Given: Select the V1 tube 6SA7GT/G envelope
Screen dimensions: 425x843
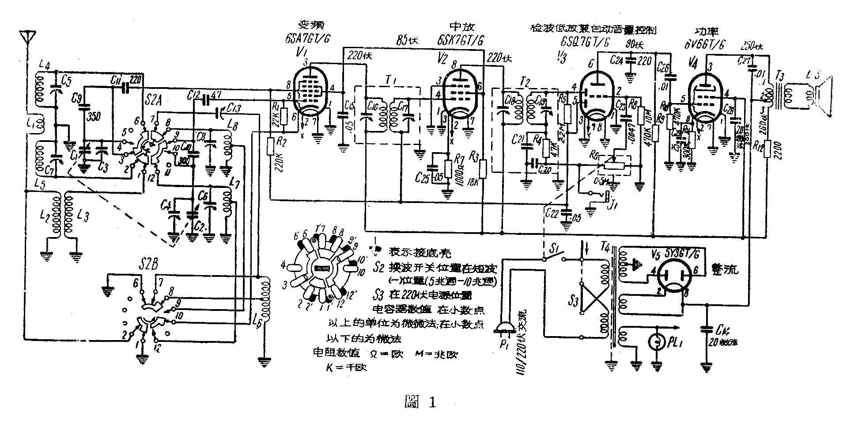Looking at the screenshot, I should click(310, 93).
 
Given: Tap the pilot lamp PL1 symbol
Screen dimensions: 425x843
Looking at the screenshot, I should click(655, 342).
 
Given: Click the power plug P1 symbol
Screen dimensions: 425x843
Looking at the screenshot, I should click(504, 329).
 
